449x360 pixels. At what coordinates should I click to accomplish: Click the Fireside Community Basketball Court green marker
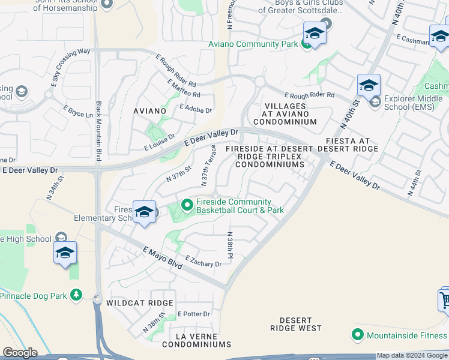coord(187,206)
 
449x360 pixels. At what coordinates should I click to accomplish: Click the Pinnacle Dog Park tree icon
coord(76,295)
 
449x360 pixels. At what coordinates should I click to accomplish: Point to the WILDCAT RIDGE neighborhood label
coord(140,303)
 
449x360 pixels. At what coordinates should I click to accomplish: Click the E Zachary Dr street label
coord(203,261)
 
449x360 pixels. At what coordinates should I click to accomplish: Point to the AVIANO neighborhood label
coord(149,111)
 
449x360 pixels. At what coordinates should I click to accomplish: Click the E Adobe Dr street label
coord(196,110)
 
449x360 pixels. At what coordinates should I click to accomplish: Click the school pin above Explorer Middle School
coord(369,85)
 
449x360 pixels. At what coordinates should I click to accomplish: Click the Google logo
coord(20,353)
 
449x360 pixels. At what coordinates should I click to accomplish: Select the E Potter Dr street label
coord(194,314)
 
